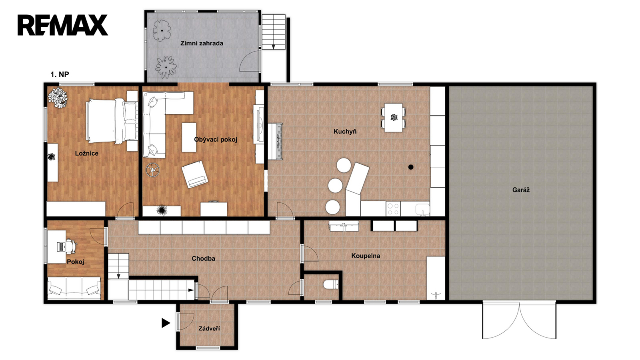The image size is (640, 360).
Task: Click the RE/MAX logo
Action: click(x=62, y=25)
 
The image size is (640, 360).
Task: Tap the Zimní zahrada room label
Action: click(x=202, y=44)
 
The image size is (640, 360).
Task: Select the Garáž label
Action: click(x=521, y=190)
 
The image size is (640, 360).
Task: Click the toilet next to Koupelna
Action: click(x=331, y=284)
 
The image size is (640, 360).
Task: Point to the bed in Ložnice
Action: click(x=112, y=121)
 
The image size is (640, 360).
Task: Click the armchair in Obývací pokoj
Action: click(x=195, y=174)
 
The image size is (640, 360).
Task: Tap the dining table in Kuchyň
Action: click(x=394, y=118)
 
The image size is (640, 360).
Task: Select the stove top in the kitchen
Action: click(x=393, y=208)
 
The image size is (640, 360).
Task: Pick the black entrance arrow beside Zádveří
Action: click(x=166, y=323)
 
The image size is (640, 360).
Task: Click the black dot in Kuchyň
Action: click(x=410, y=167)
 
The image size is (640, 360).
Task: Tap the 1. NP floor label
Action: click(x=60, y=74)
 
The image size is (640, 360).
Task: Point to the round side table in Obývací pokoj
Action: click(x=152, y=170)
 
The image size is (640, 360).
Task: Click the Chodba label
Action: click(x=204, y=258)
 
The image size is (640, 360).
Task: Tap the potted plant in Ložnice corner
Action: click(x=58, y=98)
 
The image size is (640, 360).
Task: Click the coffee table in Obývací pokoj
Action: click(x=189, y=138)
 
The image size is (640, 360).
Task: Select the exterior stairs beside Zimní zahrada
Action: click(x=274, y=32)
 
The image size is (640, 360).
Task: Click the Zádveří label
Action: click(x=209, y=328)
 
